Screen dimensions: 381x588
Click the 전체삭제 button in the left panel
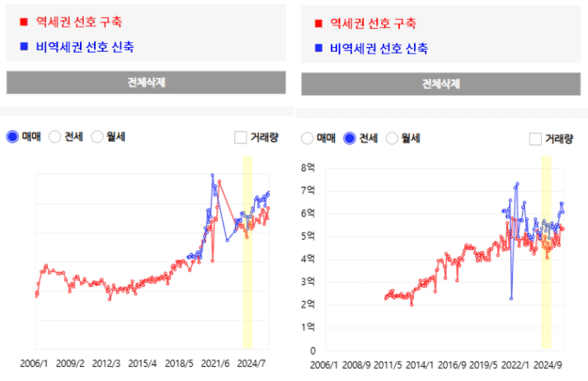coord(146,82)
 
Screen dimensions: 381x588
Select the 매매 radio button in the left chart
coord(12,137)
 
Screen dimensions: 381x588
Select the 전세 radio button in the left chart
coord(55,137)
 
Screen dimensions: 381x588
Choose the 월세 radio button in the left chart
coord(97,137)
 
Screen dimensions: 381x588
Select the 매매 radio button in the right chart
coord(308,139)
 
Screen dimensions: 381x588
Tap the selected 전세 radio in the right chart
coord(350,139)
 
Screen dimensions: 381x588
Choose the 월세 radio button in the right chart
coord(393,139)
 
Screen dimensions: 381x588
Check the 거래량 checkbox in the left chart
coord(241,137)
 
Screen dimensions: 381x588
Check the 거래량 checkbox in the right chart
coord(535,139)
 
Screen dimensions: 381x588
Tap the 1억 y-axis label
coord(309,327)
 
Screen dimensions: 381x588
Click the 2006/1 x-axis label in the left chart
coord(35,363)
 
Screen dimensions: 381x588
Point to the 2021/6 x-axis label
coord(215,363)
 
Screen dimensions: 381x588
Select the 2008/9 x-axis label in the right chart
coord(356,364)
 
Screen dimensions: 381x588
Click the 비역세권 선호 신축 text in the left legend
coord(82,47)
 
